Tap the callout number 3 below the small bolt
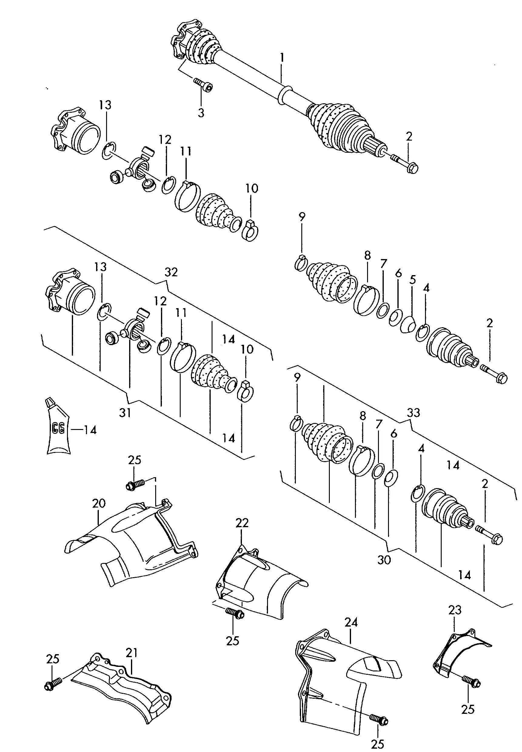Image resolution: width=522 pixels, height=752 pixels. click(201, 113)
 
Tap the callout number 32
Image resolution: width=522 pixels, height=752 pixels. click(171, 272)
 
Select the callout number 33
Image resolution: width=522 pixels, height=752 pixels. click(413, 413)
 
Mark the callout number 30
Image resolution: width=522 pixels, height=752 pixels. click(384, 560)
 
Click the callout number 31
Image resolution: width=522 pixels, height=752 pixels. click(125, 413)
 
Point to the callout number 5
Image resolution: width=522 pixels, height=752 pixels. click(413, 280)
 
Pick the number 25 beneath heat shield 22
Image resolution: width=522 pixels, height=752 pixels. click(233, 641)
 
